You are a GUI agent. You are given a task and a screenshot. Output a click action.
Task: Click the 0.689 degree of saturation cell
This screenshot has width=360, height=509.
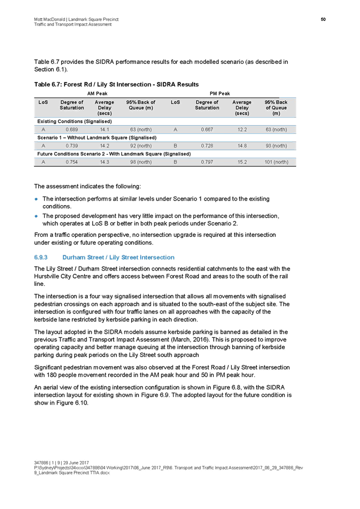coord(72,129)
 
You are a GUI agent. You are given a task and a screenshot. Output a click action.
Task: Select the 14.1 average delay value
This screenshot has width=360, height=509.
coord(104,129)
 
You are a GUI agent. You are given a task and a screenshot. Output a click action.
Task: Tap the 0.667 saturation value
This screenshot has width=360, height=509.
coord(207,129)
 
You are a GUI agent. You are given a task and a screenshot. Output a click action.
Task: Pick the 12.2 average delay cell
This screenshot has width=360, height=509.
coord(242,129)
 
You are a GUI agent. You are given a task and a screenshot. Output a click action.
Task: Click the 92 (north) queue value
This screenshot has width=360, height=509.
coord(141,146)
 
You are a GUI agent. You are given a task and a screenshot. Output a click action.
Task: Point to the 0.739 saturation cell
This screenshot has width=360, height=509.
coord(72,146)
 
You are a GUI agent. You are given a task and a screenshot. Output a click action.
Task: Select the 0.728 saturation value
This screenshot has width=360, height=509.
coord(207,146)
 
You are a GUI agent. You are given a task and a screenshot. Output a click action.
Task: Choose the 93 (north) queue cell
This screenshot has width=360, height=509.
coord(276,146)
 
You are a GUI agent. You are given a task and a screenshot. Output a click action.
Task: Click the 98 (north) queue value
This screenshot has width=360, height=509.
coord(141,162)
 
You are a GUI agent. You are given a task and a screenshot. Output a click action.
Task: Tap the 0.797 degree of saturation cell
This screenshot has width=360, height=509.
coord(207,162)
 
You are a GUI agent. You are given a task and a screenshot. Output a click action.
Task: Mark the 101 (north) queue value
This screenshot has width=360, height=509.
coord(276,162)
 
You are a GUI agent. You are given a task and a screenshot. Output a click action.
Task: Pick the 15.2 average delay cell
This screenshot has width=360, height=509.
coord(242,162)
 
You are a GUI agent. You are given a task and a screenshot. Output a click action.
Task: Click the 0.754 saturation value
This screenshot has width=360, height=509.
coord(72,162)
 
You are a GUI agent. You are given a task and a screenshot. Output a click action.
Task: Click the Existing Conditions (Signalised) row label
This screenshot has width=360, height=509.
coord(75,121)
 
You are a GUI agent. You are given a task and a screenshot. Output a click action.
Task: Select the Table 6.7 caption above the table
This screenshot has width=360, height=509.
coord(116,85)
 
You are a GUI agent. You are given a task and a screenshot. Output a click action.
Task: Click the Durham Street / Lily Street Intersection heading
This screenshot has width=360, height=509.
coord(119,257)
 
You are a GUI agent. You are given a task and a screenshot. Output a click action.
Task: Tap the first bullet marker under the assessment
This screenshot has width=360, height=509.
coord(37,199)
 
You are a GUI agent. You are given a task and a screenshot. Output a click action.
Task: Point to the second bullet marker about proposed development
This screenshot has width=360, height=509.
coord(37,216)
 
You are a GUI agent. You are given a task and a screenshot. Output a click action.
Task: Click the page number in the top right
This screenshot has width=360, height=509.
coord(324,19)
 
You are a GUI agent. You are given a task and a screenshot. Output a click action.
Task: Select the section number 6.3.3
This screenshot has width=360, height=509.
coord(41,257)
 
